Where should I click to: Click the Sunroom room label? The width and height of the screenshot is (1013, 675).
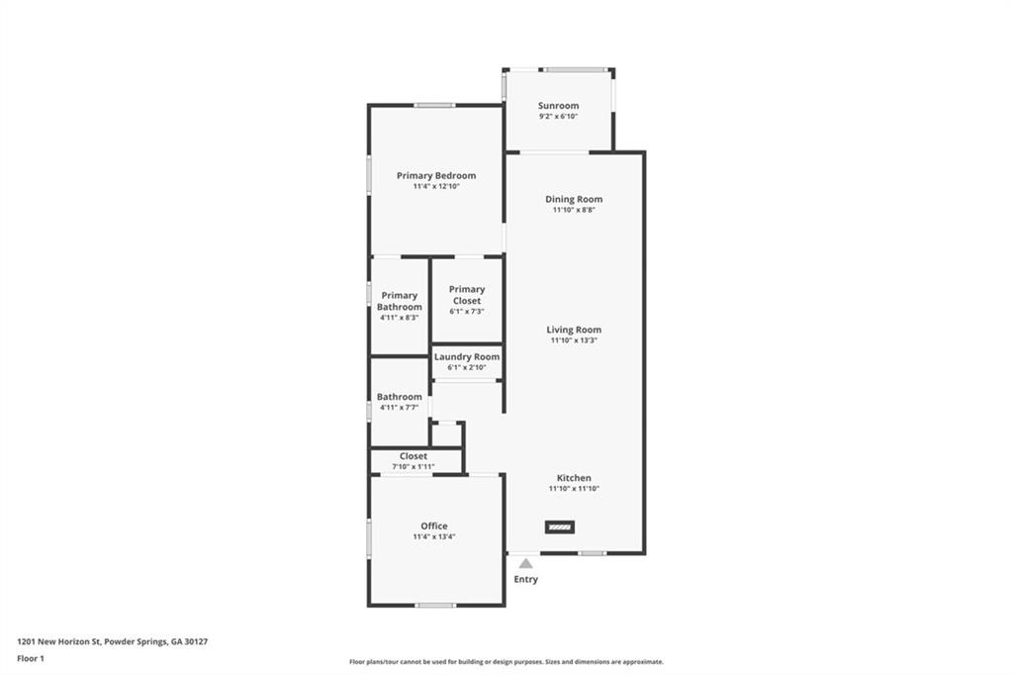coord(558,105)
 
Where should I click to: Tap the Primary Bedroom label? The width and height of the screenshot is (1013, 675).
coord(436,175)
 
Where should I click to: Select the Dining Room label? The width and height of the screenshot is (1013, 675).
coord(574,199)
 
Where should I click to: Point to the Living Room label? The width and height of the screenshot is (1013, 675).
coord(574,330)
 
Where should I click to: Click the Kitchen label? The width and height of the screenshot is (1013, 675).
coord(574,478)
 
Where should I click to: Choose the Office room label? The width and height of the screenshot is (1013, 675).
coord(434,526)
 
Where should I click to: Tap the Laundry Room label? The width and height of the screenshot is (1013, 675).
coord(467,357)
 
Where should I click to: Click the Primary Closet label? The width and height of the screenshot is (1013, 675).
coord(467,295)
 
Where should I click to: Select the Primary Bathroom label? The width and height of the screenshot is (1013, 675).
coord(400,301)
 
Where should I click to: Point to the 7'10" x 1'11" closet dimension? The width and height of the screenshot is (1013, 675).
coord(414,467)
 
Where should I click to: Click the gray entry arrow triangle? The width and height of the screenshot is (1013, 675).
coord(526,563)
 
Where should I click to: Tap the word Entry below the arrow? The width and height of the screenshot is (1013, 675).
coord(526,579)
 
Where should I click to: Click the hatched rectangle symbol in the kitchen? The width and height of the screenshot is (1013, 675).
coord(560,527)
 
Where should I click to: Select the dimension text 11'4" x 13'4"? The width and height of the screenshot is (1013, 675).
coord(434,536)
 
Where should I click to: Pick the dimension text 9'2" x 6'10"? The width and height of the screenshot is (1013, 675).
coord(558,117)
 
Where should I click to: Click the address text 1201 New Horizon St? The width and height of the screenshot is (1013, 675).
coord(58,642)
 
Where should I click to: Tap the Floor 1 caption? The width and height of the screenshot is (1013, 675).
coord(31,659)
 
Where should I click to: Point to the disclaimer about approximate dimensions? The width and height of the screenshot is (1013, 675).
coord(506,662)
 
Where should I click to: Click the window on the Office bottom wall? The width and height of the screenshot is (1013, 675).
coord(435,606)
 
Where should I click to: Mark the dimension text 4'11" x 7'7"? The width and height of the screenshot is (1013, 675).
coord(400,408)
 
